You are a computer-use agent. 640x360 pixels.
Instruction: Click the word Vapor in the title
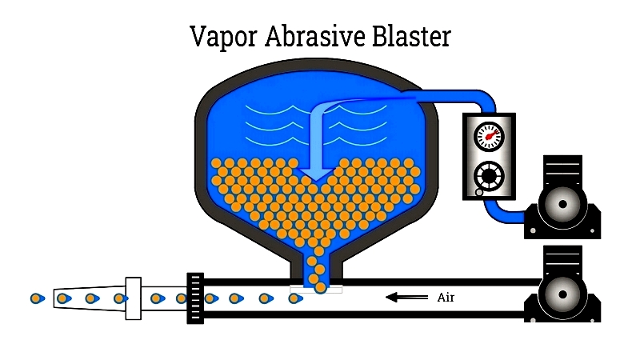pyautogui.click(x=223, y=37)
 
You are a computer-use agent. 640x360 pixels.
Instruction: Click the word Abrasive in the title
pyautogui.click(x=314, y=36)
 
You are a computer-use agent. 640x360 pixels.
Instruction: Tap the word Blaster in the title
pyautogui.click(x=411, y=36)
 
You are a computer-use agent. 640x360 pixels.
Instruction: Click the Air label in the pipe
pyautogui.click(x=446, y=298)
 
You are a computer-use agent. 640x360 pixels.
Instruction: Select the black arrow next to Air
pyautogui.click(x=406, y=297)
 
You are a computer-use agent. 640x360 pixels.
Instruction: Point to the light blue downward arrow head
pyautogui.click(x=316, y=174)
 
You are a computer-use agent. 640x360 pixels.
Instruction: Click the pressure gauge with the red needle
pyautogui.click(x=489, y=137)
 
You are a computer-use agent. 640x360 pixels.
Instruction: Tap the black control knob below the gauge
pyautogui.click(x=489, y=176)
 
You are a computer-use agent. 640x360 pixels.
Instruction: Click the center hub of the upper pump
pyautogui.click(x=562, y=204)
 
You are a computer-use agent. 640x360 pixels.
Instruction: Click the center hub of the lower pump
pyautogui.click(x=562, y=294)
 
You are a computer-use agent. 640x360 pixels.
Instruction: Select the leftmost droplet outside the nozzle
pyautogui.click(x=37, y=298)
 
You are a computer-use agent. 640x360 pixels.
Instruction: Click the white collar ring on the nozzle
pyautogui.click(x=133, y=298)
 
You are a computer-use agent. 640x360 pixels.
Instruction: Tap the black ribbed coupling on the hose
pyautogui.click(x=195, y=298)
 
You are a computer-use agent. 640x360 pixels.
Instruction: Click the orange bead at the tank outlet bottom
pyautogui.click(x=321, y=288)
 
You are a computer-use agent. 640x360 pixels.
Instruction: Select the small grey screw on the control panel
pyautogui.click(x=479, y=192)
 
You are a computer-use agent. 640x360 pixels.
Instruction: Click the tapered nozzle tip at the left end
pyautogui.click(x=89, y=298)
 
